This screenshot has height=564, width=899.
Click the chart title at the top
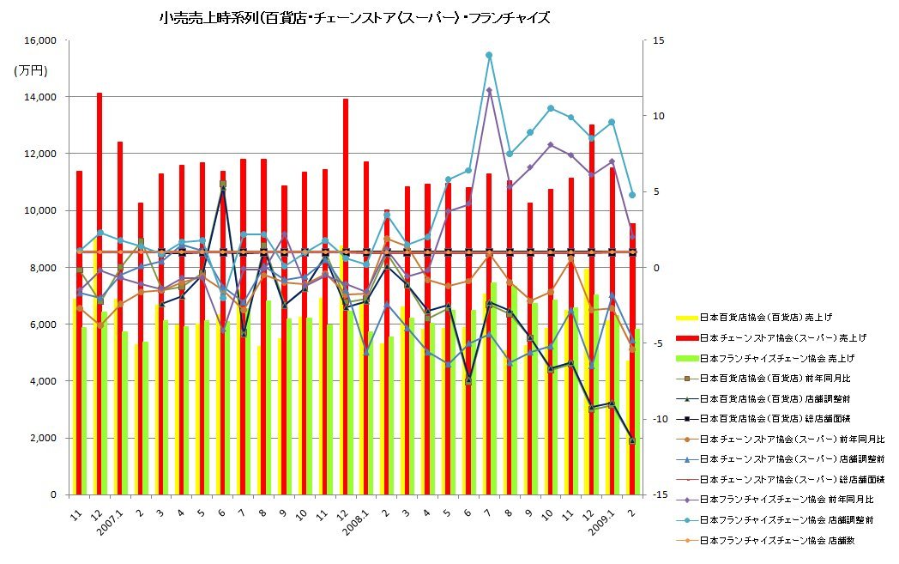pyautogui.click(x=354, y=17)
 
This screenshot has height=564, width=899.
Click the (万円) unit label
pyautogui.click(x=31, y=71)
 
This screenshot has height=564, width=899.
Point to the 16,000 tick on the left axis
pyautogui.click(x=38, y=40)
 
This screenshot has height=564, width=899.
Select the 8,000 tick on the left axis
pyautogui.click(x=40, y=268)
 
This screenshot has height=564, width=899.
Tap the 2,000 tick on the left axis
pyautogui.click(x=40, y=439)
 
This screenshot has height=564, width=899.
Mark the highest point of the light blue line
pyautogui.click(x=489, y=55)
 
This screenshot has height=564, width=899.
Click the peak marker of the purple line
pyautogui.click(x=489, y=90)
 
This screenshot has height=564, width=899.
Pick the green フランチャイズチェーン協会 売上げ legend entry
pyautogui.click(x=776, y=358)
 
